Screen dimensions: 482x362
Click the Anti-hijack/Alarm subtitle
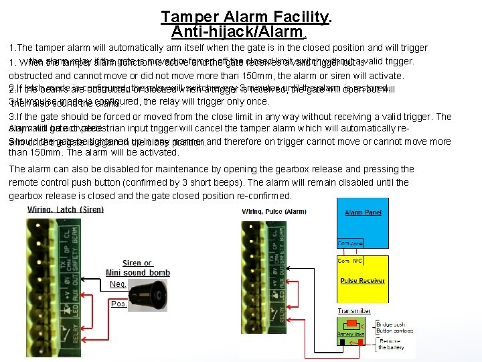[x=237, y=31]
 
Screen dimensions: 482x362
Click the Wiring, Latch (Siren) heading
[x=66, y=210]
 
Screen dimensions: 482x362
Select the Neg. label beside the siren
[x=117, y=284]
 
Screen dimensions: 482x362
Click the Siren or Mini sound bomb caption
[x=137, y=267]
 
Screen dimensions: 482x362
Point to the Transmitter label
[x=353, y=311]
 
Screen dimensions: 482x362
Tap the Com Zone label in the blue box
[x=350, y=244]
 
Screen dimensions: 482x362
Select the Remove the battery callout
[x=391, y=345]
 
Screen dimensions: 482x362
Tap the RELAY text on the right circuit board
[x=246, y=333]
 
